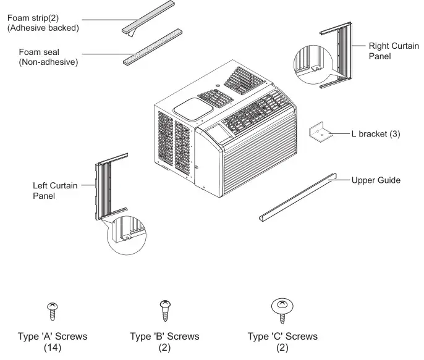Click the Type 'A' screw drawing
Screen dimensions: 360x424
(53, 310)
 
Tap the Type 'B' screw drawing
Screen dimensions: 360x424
(164, 309)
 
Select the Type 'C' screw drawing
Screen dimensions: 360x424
(282, 309)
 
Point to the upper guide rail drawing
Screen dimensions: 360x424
(297, 197)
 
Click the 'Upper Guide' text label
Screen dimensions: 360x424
(376, 180)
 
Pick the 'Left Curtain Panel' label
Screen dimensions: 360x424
(55, 190)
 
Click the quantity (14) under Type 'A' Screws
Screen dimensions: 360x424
(53, 348)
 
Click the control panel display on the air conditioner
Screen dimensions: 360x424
(218, 132)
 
